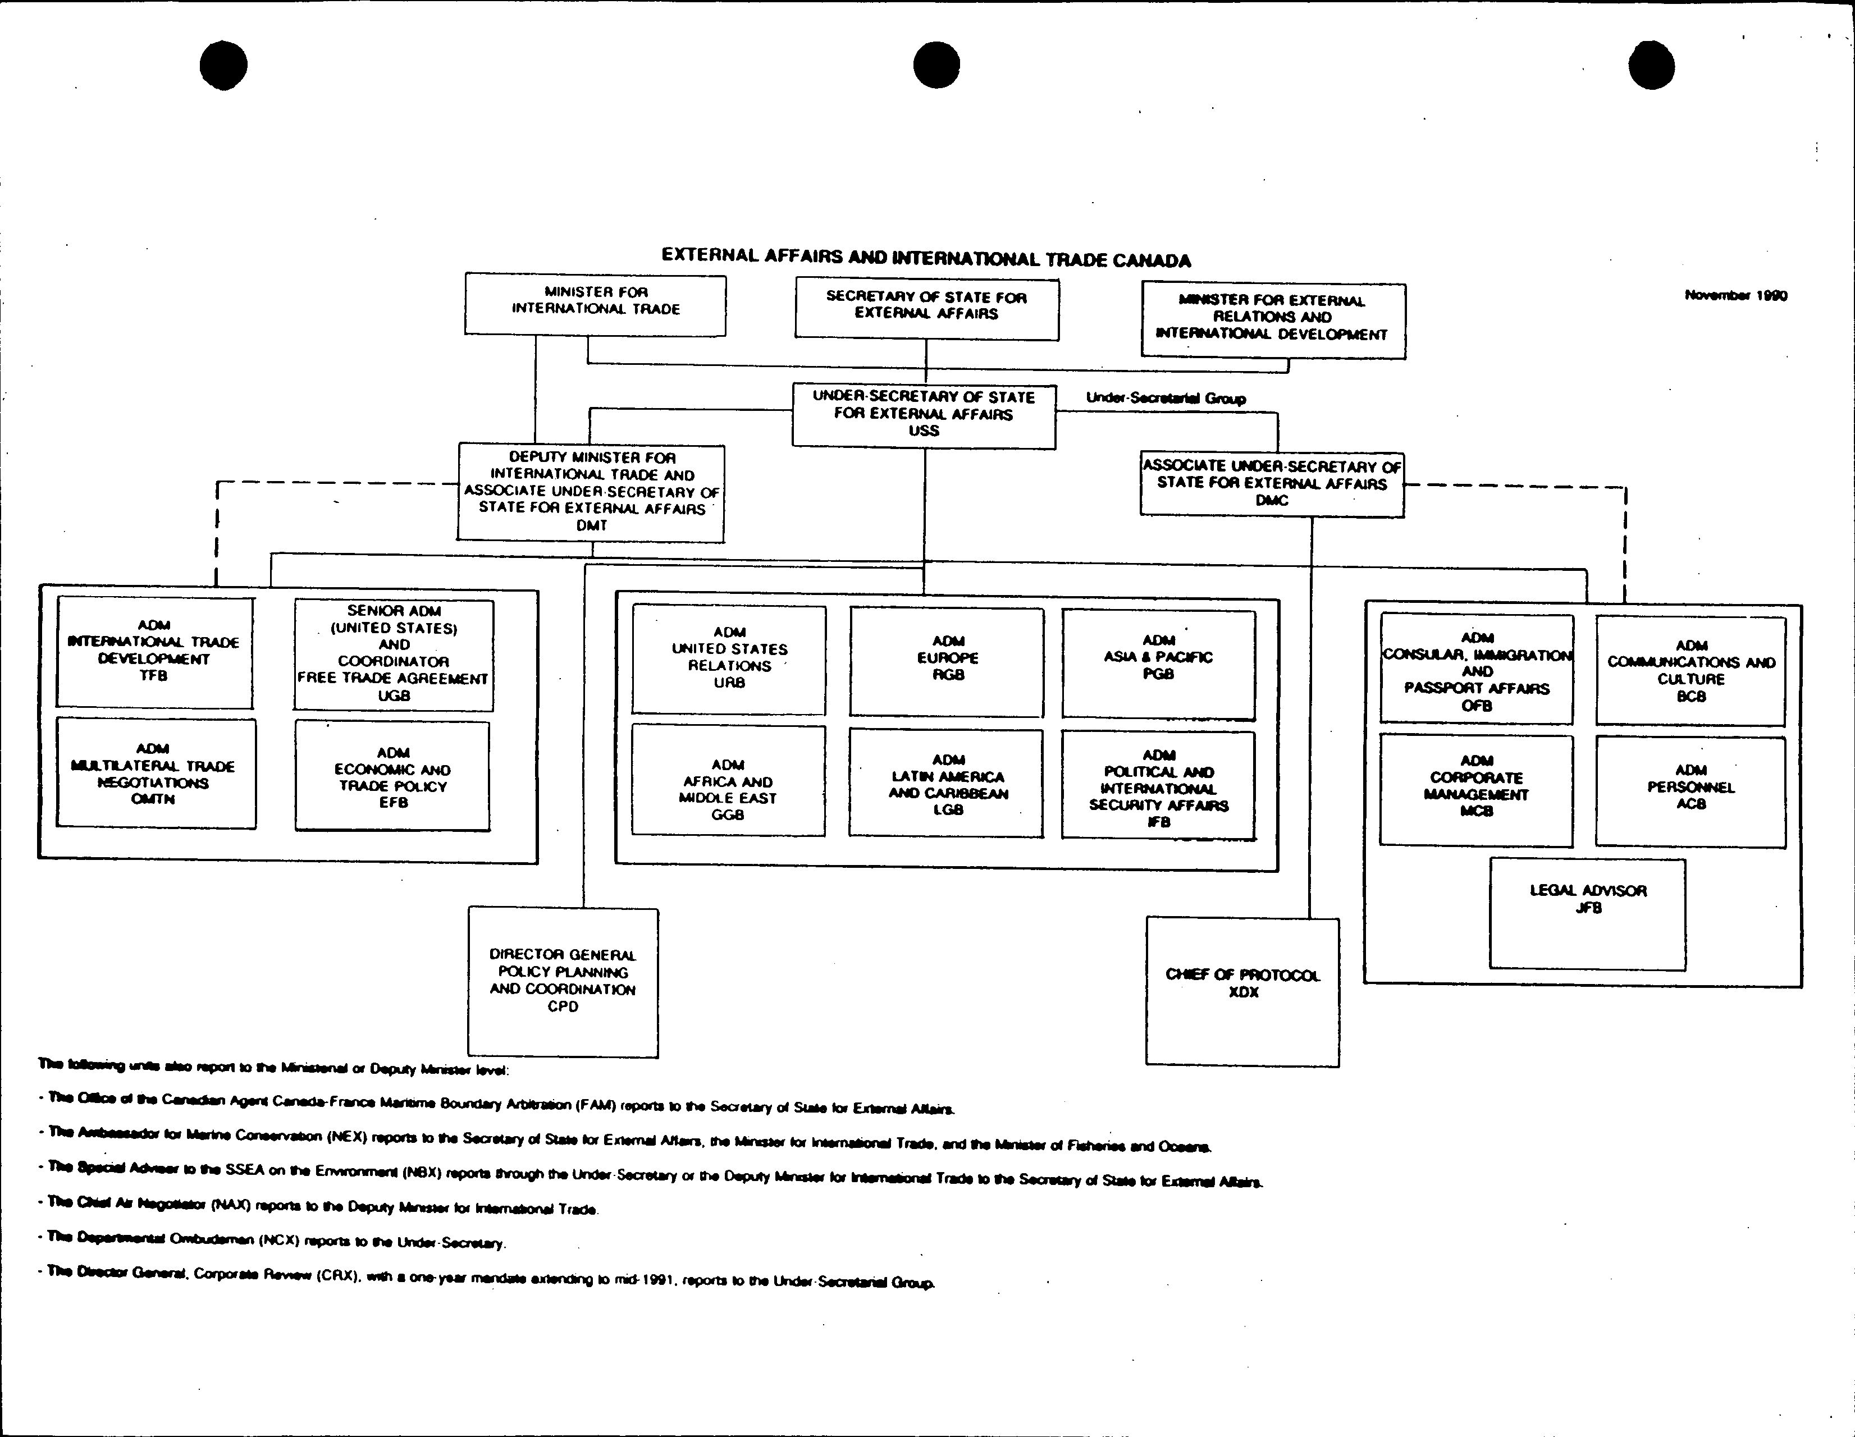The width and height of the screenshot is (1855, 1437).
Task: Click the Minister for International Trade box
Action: click(595, 305)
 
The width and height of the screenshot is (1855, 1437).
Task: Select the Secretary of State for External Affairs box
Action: click(926, 309)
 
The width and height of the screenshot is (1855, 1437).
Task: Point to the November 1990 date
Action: click(1735, 296)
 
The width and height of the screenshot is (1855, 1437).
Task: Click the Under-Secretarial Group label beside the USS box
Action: click(1166, 399)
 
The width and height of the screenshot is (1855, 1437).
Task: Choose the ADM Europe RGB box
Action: click(947, 662)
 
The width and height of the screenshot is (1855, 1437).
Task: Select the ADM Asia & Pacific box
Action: click(1158, 663)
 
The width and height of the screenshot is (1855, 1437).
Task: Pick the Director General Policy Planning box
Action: click(562, 982)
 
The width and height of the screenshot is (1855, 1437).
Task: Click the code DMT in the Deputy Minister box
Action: click(591, 526)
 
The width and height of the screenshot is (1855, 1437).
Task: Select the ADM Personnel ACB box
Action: click(1690, 791)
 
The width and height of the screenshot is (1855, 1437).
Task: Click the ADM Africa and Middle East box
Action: click(728, 781)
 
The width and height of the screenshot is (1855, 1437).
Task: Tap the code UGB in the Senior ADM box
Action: click(393, 695)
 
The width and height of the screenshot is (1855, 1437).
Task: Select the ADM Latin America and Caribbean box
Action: click(947, 783)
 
